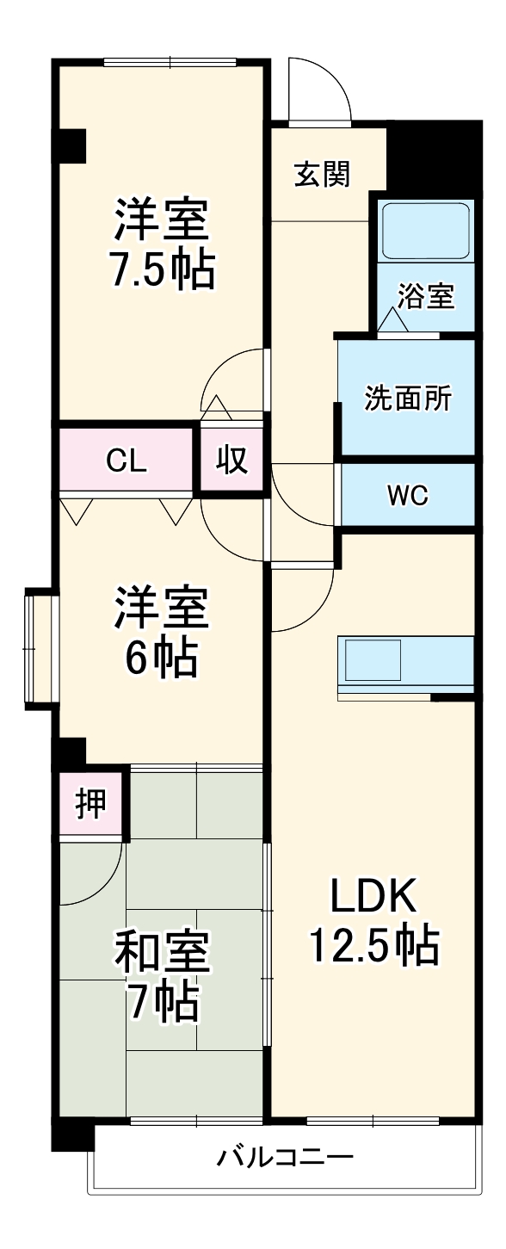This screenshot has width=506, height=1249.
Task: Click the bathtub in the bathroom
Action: click(426, 230)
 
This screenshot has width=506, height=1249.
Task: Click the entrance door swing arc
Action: click(320, 90)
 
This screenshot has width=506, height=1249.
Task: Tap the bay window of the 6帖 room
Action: click(40, 646)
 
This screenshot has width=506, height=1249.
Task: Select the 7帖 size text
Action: click(161, 1003)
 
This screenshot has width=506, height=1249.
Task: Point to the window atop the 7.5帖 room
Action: click(170, 62)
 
